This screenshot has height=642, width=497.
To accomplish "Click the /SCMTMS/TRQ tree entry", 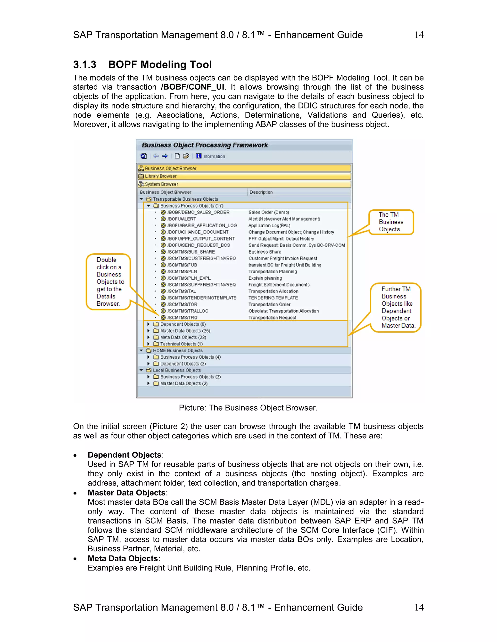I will [x=182, y=317].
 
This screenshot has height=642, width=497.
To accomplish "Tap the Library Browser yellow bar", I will [x=244, y=176].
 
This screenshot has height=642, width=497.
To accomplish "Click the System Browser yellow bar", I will [x=244, y=184].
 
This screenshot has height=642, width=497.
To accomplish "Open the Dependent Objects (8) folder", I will [x=182, y=324].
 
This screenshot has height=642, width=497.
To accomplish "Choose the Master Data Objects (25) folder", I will [x=185, y=331].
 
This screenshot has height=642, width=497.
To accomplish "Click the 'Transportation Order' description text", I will [x=269, y=305].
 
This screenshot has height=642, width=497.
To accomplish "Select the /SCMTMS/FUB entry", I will [x=182, y=265].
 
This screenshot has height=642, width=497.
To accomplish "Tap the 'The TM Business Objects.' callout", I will [x=391, y=222].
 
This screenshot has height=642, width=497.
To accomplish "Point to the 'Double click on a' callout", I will [x=108, y=281].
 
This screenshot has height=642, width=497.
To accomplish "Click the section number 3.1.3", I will [x=84, y=65].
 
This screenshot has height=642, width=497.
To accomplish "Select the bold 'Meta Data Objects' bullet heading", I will [x=123, y=558].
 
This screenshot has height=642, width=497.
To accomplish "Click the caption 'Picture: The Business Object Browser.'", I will [x=248, y=408].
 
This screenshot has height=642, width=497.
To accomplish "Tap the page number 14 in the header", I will [x=419, y=35].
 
